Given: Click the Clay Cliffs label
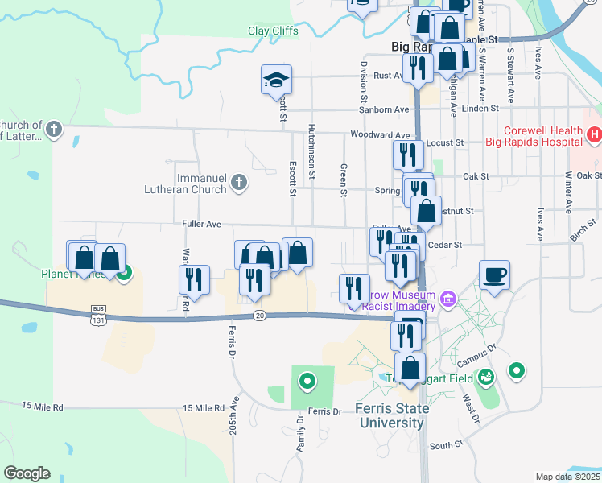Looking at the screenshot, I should click(x=273, y=31).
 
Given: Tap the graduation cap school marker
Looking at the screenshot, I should click(x=276, y=80).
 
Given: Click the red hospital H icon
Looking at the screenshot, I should click(x=594, y=135).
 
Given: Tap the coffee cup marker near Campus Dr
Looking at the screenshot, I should click(x=494, y=275).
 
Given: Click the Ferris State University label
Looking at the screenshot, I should click(x=392, y=415).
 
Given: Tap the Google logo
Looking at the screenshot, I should click(x=27, y=473).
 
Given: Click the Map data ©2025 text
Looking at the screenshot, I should click(x=567, y=477).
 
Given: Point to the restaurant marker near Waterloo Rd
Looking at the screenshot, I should click(x=194, y=280).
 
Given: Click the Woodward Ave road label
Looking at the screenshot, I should click(x=381, y=134).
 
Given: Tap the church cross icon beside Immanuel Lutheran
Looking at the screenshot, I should click(x=238, y=184).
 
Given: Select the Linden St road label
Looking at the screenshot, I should click(x=481, y=109).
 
